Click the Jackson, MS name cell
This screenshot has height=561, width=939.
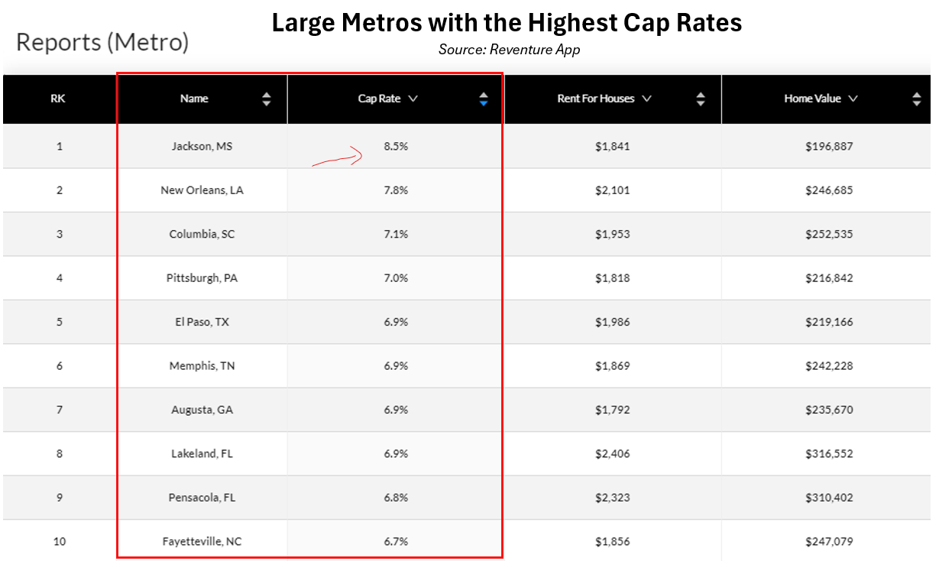(x=202, y=146)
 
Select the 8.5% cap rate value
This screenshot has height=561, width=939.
(x=396, y=146)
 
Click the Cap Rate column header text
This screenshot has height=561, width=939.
(x=379, y=99)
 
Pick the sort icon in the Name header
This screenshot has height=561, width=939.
(x=266, y=99)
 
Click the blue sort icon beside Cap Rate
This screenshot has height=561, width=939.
(x=483, y=99)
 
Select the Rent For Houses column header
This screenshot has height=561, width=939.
(x=596, y=99)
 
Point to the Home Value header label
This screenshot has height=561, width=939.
(x=812, y=99)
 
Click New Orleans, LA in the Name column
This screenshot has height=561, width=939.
(x=202, y=190)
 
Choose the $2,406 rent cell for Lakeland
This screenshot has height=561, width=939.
(x=612, y=454)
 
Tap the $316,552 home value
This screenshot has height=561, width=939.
(x=828, y=454)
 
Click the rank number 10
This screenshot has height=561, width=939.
(x=60, y=542)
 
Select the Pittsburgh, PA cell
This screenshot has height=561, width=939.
(x=202, y=278)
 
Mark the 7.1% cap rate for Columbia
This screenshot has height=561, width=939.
(x=396, y=234)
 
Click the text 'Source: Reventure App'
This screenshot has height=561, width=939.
(x=509, y=50)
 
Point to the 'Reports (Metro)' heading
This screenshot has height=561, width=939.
(x=102, y=42)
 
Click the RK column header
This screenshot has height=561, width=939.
(x=58, y=99)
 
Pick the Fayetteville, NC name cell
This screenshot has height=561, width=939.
(x=202, y=542)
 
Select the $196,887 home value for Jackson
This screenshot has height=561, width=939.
(x=828, y=146)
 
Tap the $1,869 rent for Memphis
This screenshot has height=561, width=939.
(x=612, y=366)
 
